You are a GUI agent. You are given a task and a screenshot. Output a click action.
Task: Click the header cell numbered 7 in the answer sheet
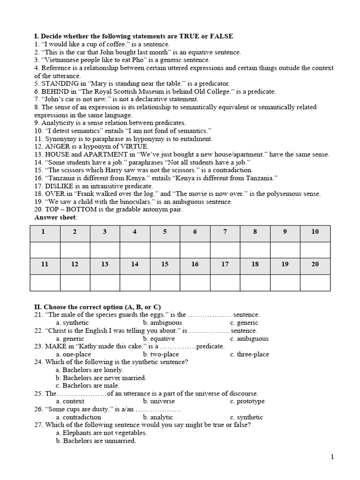225,232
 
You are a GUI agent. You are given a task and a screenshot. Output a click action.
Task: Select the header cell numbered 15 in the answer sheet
165,264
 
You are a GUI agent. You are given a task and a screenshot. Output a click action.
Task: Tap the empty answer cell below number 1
45,249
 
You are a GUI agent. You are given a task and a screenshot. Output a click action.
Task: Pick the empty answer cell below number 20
315,282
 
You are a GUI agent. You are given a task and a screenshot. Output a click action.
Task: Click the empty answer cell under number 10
315,249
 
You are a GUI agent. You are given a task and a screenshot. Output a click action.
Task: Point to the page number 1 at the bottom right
332,458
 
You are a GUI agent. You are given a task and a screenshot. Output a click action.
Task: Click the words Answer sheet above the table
56,217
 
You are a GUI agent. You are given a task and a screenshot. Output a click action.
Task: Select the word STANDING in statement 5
58,83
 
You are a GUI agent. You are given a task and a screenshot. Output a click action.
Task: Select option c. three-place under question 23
249,354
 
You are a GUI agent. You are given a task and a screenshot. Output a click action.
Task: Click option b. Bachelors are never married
101,378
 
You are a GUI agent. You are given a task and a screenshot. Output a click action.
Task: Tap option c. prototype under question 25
247,401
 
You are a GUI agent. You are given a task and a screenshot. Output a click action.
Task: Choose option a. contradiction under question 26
78,417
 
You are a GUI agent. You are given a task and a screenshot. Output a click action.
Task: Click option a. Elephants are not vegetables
101,433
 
